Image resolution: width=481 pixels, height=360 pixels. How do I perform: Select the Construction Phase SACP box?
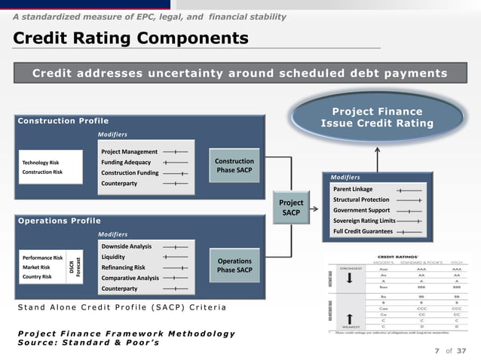point(234,166)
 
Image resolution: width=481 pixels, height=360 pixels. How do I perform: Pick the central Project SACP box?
point(291,208)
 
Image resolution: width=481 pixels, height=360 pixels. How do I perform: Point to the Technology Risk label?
point(41,162)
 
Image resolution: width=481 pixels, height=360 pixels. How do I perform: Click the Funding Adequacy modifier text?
point(126,162)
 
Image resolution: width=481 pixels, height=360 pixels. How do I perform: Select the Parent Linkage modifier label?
point(353,189)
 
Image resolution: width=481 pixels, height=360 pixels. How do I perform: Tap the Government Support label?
point(362,210)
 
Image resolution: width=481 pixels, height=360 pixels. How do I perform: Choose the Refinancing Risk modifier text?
point(123,267)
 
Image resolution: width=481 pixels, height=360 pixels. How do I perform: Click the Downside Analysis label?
point(126,246)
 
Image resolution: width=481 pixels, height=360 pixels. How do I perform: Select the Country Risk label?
point(37,276)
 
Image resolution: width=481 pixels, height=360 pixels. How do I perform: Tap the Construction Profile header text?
point(63,121)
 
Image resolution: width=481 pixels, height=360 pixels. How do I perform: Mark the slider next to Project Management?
point(175,151)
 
